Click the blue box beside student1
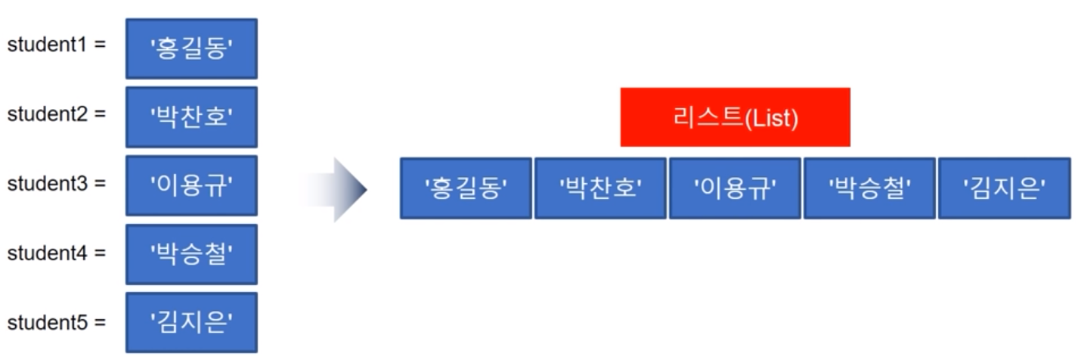pos(191,48)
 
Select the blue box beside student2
pos(191,117)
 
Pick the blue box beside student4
pos(191,254)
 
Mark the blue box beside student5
pos(191,323)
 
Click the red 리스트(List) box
pos(735,117)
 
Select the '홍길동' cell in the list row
pos(466,188)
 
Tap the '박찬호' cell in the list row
pos(600,188)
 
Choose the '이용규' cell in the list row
pos(735,188)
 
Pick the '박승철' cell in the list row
pos(869,188)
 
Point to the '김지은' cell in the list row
pos(1005,188)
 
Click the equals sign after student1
pos(100,45)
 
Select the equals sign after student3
pos(100,185)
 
